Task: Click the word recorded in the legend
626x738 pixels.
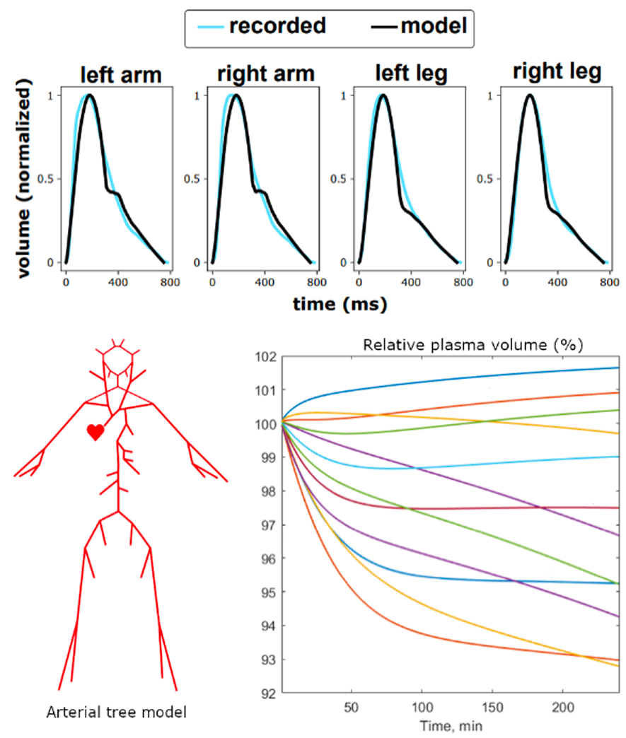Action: tap(277, 27)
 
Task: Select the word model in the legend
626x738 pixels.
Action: tap(434, 27)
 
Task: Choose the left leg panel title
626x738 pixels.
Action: tap(409, 74)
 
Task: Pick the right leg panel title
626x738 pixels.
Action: tap(557, 72)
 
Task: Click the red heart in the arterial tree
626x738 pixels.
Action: tap(95, 432)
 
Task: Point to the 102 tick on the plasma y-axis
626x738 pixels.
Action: tap(267, 357)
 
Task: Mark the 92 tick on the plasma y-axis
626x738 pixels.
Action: tap(269, 693)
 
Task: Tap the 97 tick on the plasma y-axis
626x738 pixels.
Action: tap(269, 525)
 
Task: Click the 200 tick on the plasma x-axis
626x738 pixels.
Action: tap(562, 708)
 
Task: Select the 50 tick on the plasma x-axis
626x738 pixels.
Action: tap(352, 708)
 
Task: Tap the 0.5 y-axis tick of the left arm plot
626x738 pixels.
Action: tap(48, 179)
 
